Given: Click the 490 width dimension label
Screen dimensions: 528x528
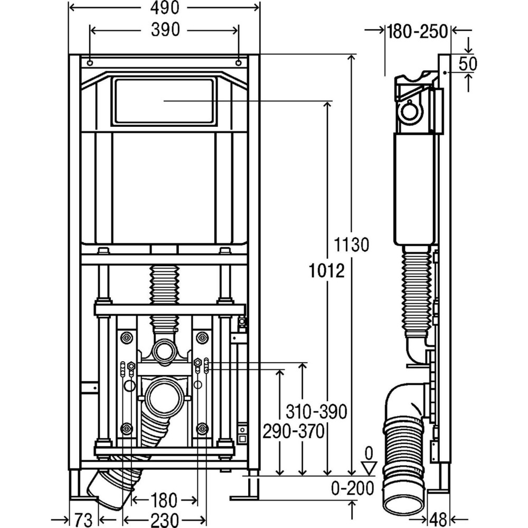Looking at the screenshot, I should point(164,8).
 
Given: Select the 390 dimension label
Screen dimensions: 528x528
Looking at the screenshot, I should point(164,31).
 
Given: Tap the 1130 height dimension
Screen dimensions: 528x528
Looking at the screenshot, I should point(351,245).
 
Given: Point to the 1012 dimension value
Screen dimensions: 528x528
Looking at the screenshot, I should point(327,271).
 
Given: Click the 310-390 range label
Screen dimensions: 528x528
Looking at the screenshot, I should point(316,411).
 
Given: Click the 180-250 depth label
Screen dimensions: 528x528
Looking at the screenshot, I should point(417,31).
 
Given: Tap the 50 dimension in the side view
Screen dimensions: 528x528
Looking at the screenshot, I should point(467,63).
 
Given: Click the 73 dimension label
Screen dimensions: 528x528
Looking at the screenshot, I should point(84,518).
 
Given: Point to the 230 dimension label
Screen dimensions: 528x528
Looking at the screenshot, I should point(164,518).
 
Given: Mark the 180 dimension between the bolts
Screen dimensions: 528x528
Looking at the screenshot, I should point(164,499).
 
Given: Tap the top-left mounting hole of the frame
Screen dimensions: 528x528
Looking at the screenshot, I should point(90,63).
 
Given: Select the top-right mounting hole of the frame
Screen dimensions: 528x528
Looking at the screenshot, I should point(239,63).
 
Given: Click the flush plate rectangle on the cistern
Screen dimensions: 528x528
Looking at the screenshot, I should point(165,101).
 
